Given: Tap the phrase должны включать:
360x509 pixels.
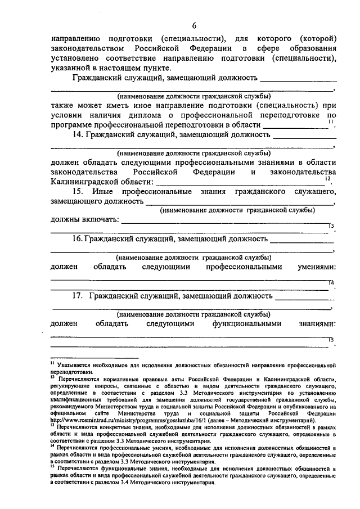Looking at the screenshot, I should click(x=84, y=220).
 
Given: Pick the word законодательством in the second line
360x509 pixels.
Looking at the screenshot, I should click(x=92, y=48).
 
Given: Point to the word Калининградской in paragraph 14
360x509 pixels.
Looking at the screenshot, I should click(x=84, y=182).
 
